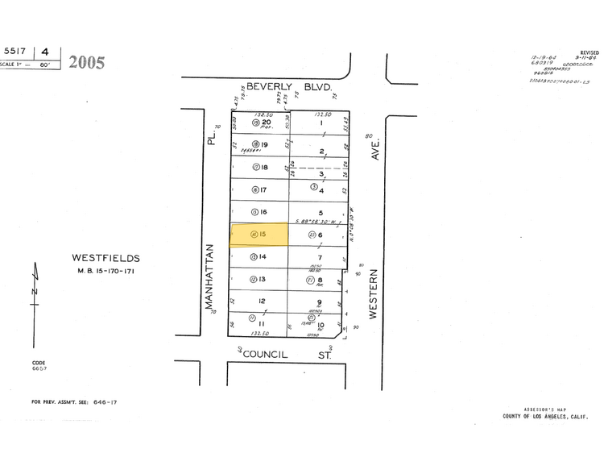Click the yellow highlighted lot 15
[x=259, y=235]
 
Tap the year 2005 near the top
[x=87, y=62]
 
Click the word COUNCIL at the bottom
[x=265, y=354]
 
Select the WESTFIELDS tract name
[x=105, y=258]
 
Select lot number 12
[x=262, y=301]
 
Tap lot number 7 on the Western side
[x=320, y=257]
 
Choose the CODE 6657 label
[x=39, y=366]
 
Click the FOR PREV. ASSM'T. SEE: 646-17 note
[x=74, y=401]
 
